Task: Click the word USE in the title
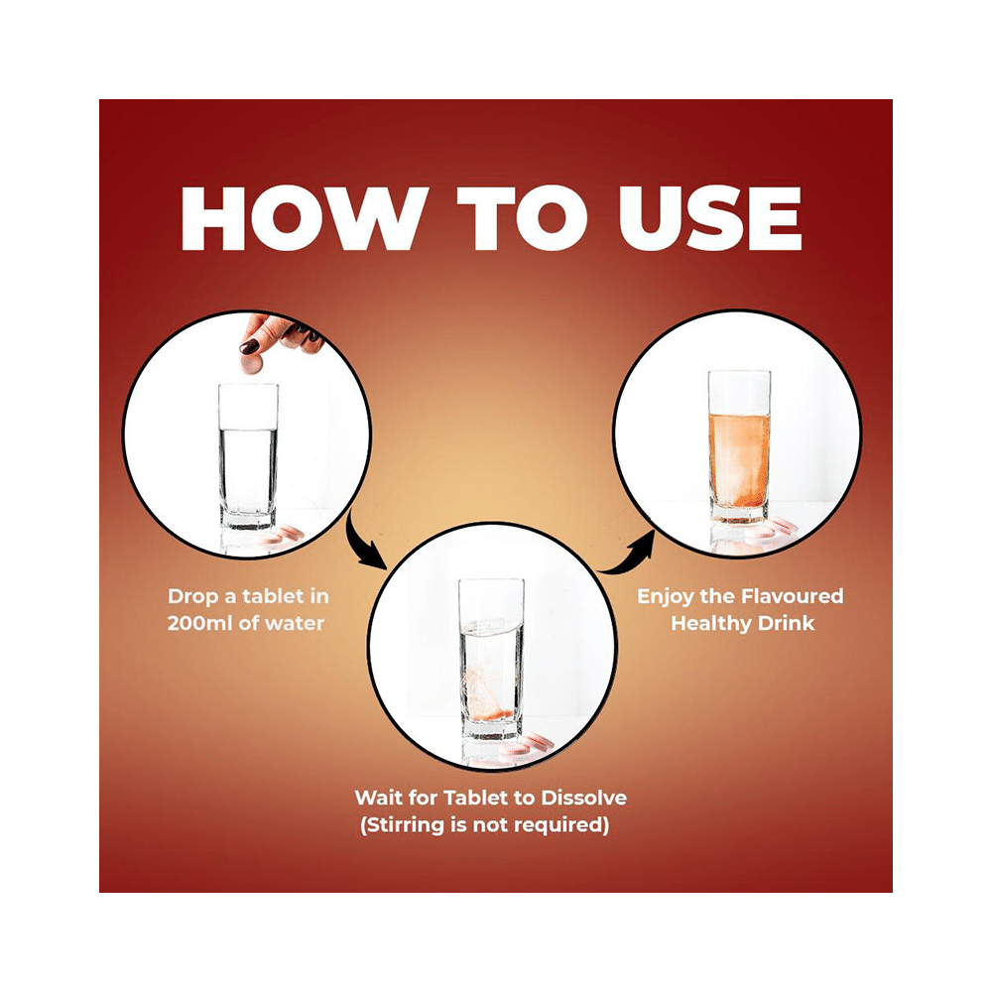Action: click(710, 218)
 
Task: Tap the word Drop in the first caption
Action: click(192, 596)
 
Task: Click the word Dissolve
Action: click(583, 798)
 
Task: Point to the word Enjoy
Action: click(666, 597)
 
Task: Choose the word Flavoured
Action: click(792, 596)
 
